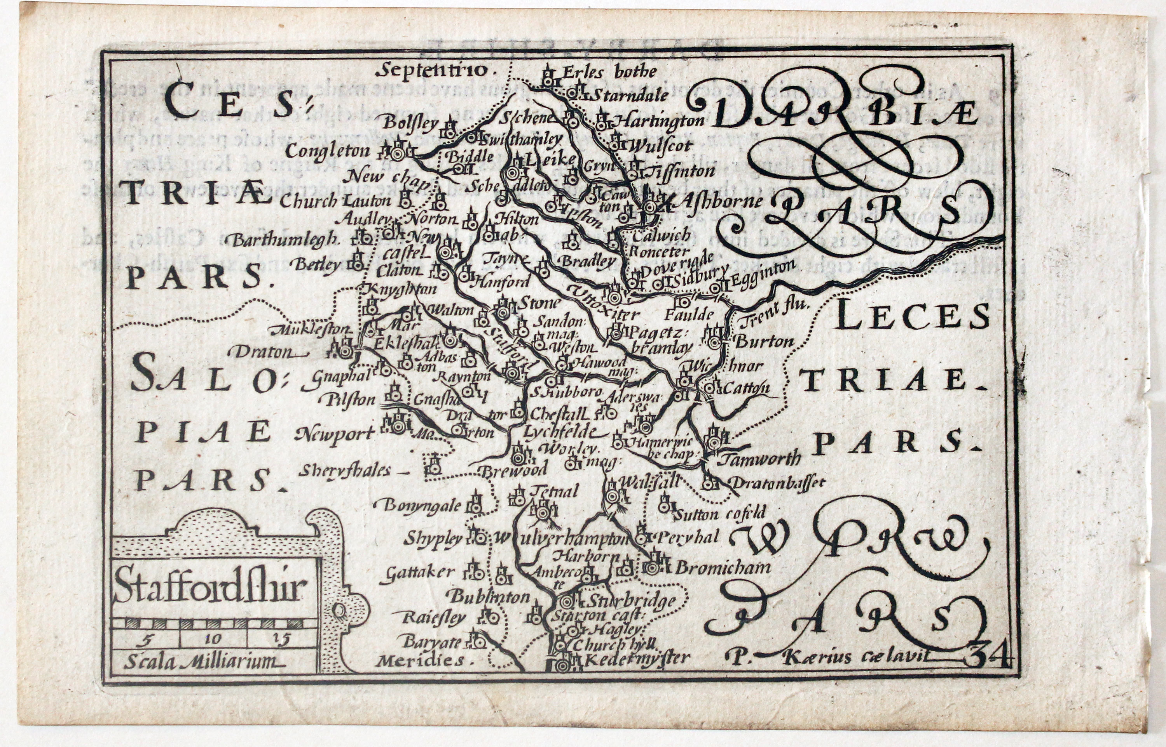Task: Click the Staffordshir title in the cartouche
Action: tap(210, 588)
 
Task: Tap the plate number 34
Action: tap(988, 657)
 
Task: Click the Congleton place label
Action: tap(327, 151)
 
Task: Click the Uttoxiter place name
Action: tap(606, 304)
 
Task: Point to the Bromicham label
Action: tap(722, 566)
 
